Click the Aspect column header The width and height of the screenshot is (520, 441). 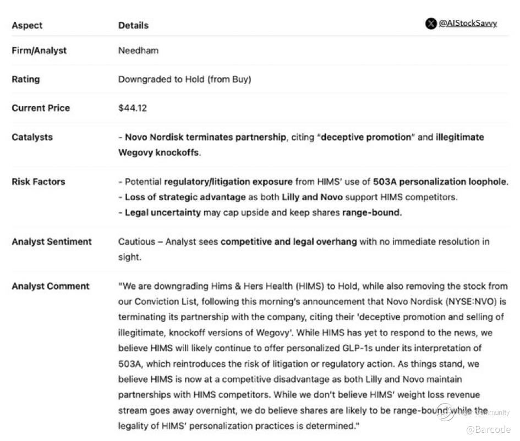pyautogui.click(x=27, y=25)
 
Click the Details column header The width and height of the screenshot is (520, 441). pyautogui.click(x=133, y=25)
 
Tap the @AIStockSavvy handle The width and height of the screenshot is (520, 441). pyautogui.click(x=468, y=24)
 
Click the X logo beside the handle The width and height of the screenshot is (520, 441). pyautogui.click(x=431, y=24)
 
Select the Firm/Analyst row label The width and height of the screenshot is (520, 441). pyautogui.click(x=39, y=51)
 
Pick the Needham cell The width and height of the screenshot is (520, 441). pyautogui.click(x=138, y=51)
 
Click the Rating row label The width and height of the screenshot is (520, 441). pyautogui.click(x=25, y=79)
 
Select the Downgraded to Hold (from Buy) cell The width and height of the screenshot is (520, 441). pyautogui.click(x=184, y=79)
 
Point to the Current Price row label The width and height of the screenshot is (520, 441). pyautogui.click(x=41, y=108)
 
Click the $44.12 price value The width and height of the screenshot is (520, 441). pyautogui.click(x=133, y=108)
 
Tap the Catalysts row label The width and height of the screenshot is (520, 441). pyautogui.click(x=32, y=137)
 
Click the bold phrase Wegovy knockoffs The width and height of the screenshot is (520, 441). pyautogui.click(x=159, y=152)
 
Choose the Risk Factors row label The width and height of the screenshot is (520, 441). pyautogui.click(x=39, y=181)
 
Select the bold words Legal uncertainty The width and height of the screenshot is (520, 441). pyautogui.click(x=162, y=212)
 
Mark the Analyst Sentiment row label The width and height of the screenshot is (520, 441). pyautogui.click(x=52, y=241)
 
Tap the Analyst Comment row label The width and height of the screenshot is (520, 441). pyautogui.click(x=50, y=286)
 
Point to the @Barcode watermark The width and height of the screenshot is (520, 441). pyautogui.click(x=488, y=429)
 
